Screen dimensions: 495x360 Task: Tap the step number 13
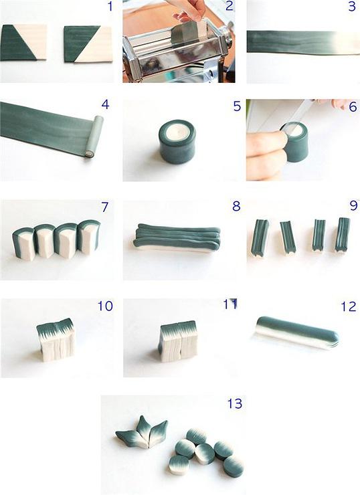pos(235,404)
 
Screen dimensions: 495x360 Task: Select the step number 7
pos(104,207)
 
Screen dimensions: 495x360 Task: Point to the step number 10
pos(104,306)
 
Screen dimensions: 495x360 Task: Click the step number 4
pos(104,105)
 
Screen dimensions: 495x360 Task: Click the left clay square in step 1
pos(23,43)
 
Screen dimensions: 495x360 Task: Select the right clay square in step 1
pos(88,44)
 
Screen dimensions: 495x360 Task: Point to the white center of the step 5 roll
pos(177,132)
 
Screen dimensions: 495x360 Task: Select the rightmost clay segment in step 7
pos(88,237)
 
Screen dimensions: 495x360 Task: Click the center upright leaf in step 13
pos(143,427)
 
